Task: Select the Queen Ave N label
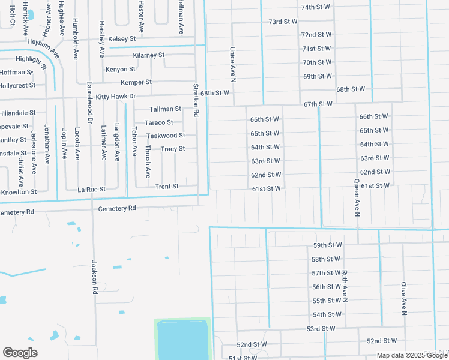(356, 197)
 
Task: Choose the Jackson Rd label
(94, 277)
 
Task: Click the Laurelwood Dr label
(89, 103)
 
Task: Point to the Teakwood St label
(166, 136)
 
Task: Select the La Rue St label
(92, 189)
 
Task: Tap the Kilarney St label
(149, 55)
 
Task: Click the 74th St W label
(316, 7)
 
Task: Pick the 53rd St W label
(321, 328)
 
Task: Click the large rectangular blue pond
(182, 339)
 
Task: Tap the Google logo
(20, 353)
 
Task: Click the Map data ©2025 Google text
(412, 355)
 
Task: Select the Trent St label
(167, 187)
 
